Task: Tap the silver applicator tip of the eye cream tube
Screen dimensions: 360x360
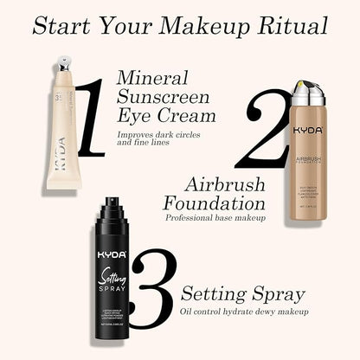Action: tap(63, 65)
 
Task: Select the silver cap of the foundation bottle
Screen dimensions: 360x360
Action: tap(308, 91)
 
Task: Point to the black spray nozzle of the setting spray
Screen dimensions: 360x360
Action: tap(112, 209)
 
